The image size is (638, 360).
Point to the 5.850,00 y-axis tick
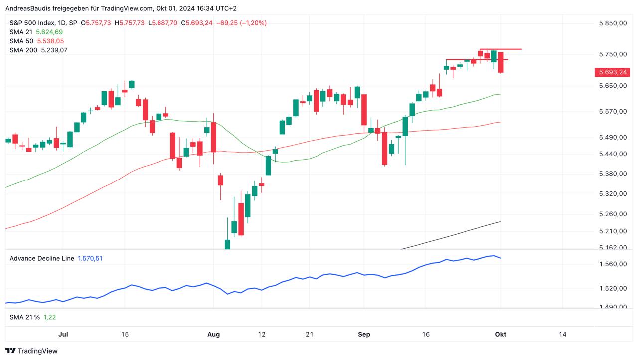[612, 23]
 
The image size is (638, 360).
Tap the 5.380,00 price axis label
[612, 174]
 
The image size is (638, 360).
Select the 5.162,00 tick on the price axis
[612, 247]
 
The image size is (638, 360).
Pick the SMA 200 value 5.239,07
[54, 50]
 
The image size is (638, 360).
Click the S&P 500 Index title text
[30, 23]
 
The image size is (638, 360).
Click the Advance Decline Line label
[42, 258]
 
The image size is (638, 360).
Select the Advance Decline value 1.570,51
[90, 258]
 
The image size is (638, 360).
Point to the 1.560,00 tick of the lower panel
[612, 264]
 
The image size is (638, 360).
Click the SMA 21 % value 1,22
[49, 317]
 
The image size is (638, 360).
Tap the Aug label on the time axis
[214, 334]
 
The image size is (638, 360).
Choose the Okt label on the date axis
[500, 334]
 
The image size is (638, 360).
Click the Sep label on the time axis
[364, 334]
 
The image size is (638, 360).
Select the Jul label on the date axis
[63, 334]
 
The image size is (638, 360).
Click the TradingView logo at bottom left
[31, 351]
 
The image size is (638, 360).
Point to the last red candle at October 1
[500, 62]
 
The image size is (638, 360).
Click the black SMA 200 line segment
[451, 235]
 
